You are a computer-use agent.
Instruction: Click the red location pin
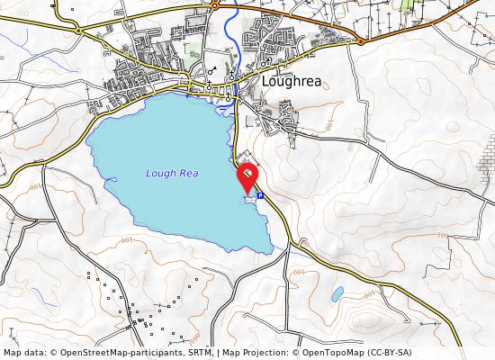pos(247,175)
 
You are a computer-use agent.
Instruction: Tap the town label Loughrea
pos(292,80)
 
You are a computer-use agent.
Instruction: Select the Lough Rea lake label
pos(172,173)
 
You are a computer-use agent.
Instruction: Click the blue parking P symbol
pos(260,195)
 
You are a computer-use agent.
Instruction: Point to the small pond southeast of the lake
pos(337,294)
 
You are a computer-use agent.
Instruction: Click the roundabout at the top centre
pos(215,5)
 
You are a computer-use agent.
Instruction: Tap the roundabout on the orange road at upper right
pos(361,40)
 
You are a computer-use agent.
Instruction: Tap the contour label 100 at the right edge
pos(441,236)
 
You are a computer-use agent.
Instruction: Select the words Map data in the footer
pos(24,353)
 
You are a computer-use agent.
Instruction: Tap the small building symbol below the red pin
pos(248,199)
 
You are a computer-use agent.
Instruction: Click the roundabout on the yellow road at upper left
pos(79,30)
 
